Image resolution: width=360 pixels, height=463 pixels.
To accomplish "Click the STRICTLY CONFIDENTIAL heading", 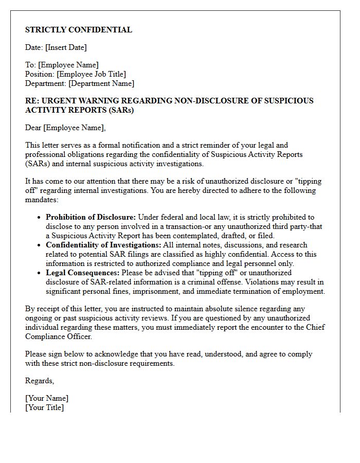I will coord(79,30).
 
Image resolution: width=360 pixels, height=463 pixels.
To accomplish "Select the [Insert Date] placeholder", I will coord(66,47).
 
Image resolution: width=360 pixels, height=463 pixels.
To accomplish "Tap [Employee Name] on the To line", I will coord(68,65).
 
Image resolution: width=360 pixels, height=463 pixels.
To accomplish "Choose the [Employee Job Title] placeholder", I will coord(91,74).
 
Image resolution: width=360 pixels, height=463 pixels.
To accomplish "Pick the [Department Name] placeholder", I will coord(101,83).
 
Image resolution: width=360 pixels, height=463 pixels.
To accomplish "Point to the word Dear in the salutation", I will coord(33,128).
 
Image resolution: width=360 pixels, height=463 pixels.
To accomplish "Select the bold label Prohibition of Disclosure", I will coord(91,217).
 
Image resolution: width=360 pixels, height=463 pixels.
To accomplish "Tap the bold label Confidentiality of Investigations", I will coord(103,245).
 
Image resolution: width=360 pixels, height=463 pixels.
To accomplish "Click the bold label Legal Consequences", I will coord(82,273).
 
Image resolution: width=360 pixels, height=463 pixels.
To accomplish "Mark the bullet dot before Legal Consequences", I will coord(40,273).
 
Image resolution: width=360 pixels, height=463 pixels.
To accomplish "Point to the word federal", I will coord(174,217).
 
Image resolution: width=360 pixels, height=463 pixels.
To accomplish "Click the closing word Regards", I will coord(40,381).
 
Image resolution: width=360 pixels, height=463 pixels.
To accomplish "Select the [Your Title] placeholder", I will coord(44,407).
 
